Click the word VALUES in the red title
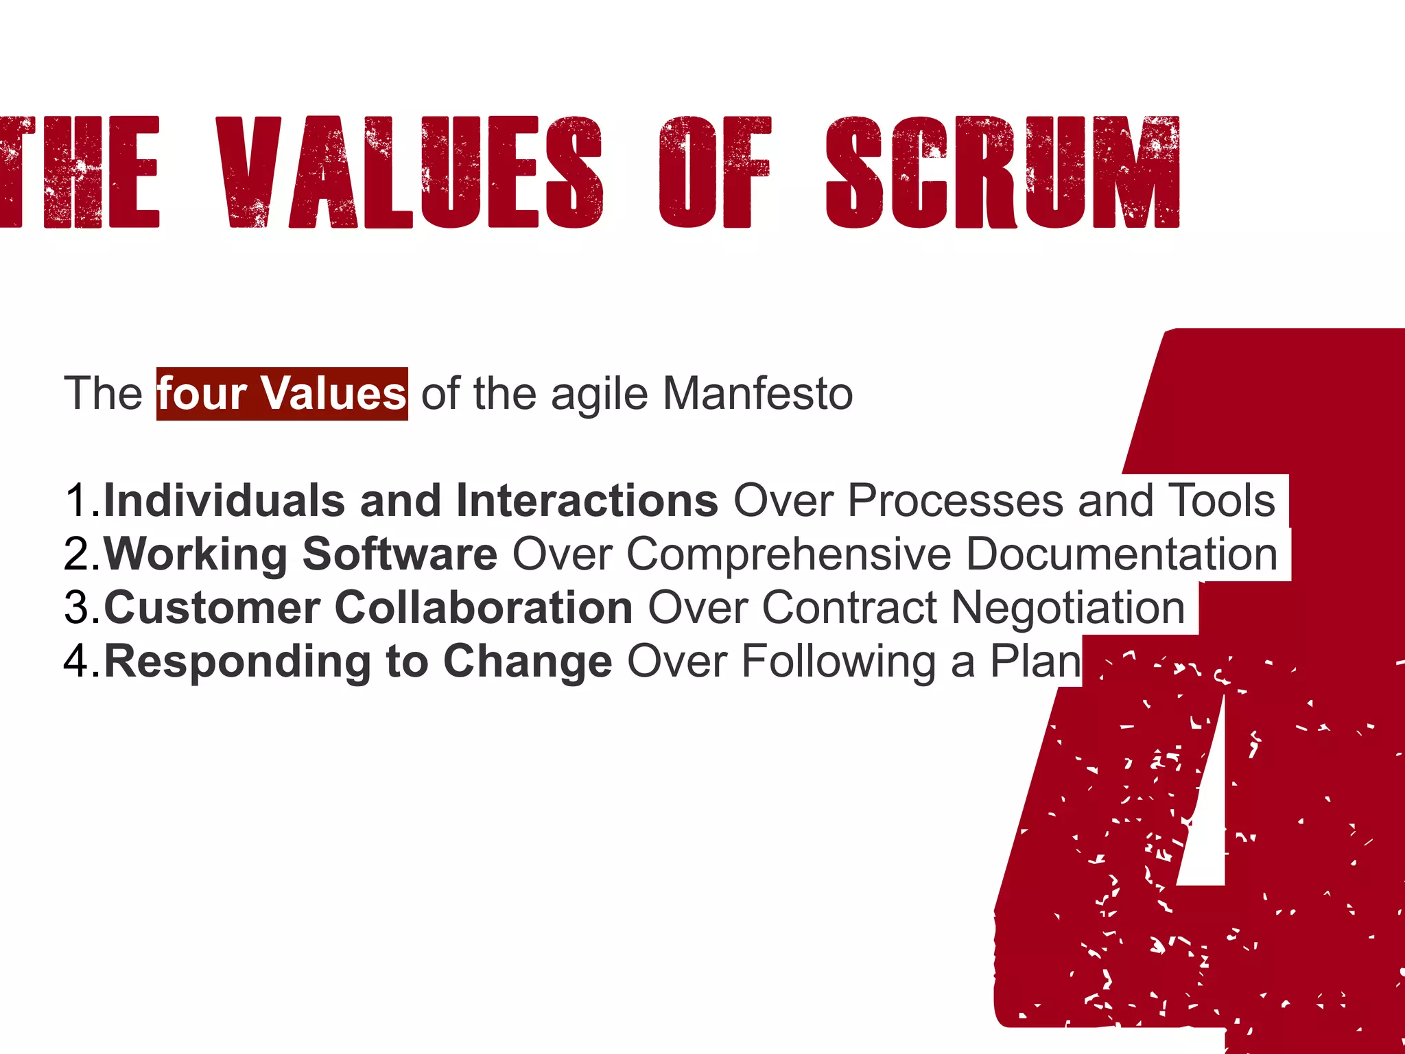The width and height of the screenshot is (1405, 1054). click(x=410, y=172)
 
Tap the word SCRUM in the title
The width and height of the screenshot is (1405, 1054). click(x=1002, y=172)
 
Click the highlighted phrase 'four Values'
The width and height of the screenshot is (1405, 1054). click(x=282, y=394)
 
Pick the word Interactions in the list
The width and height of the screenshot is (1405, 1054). click(x=587, y=500)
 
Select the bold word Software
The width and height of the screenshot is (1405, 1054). click(x=400, y=554)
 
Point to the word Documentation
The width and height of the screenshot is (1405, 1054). click(x=1122, y=554)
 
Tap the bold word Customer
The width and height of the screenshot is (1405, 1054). click(x=212, y=608)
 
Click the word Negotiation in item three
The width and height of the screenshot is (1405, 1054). click(x=1068, y=608)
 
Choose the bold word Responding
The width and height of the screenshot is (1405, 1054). click(x=237, y=661)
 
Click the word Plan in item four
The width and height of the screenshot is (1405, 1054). click(x=1035, y=661)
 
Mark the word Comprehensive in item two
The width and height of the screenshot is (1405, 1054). click(x=788, y=554)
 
